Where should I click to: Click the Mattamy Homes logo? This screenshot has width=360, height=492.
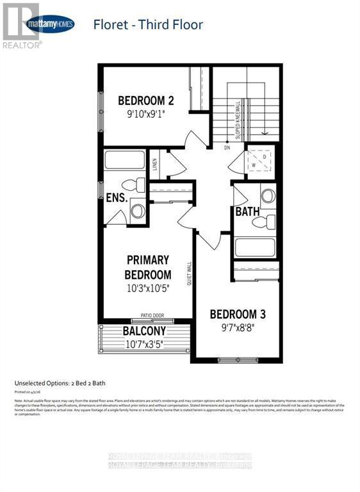tap(51, 25)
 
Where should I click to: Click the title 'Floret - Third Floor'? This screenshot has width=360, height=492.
tap(148, 25)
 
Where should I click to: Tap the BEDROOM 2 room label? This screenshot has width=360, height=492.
tap(146, 101)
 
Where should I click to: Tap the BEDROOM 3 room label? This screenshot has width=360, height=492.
tap(238, 315)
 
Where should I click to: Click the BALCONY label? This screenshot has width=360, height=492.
tap(144, 331)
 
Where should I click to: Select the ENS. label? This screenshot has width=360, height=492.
tap(117, 197)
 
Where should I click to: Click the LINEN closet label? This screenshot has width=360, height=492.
tap(155, 165)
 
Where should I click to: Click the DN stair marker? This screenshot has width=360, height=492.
tap(227, 148)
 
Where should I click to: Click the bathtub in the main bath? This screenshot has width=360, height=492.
tap(254, 247)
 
